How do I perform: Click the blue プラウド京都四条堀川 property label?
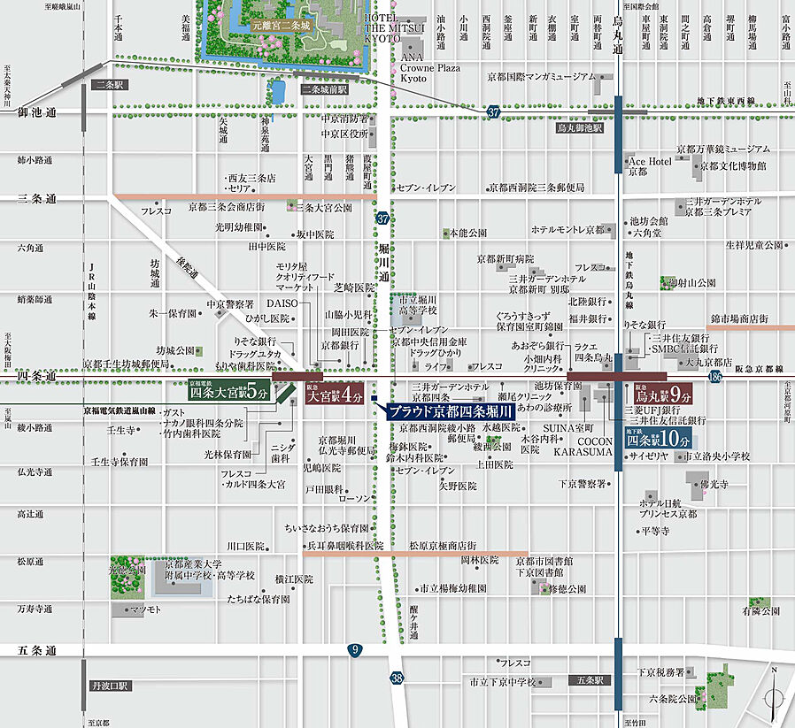click(x=451, y=411)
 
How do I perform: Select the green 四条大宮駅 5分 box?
click(x=228, y=393)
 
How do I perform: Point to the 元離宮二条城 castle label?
click(x=282, y=27)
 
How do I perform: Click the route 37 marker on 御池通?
click(x=492, y=111)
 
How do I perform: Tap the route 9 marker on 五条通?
click(x=354, y=650)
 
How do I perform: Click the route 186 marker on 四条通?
click(x=715, y=378)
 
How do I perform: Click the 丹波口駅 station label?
click(x=110, y=685)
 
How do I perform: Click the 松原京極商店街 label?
click(x=442, y=546)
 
